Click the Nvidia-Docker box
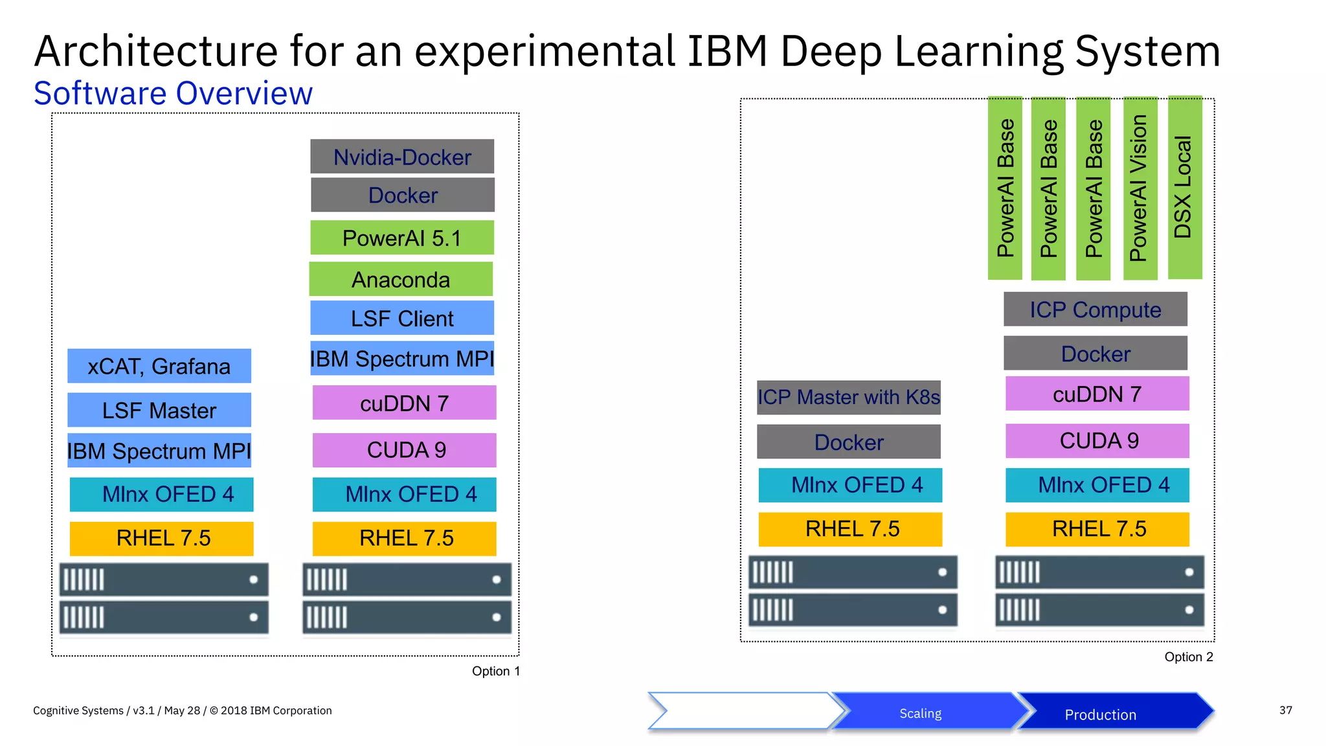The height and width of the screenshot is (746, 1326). (x=402, y=157)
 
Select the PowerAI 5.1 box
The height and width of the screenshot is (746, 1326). (x=401, y=238)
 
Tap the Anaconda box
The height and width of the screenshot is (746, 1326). (x=401, y=279)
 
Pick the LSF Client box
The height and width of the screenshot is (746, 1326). (x=402, y=318)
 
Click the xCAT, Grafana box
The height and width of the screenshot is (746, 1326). (x=159, y=366)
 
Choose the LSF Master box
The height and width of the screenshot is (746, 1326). (x=159, y=410)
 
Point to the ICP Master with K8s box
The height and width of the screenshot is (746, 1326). (x=849, y=397)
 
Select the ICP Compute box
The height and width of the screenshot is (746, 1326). (x=1096, y=310)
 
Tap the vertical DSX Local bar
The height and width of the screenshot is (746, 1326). (x=1184, y=188)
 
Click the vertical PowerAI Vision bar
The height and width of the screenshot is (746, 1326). (x=1140, y=188)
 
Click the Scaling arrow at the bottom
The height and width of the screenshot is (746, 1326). (x=920, y=713)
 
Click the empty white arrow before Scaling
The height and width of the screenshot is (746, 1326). (x=741, y=711)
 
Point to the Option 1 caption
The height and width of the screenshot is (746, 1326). (x=495, y=671)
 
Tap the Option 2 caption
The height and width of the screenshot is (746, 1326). (x=1188, y=657)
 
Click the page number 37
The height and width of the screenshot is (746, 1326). (x=1285, y=710)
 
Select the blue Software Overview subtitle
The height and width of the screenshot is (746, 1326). (x=173, y=93)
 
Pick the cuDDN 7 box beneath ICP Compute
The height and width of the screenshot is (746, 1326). (x=1097, y=394)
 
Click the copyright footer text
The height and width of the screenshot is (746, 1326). (x=182, y=710)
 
